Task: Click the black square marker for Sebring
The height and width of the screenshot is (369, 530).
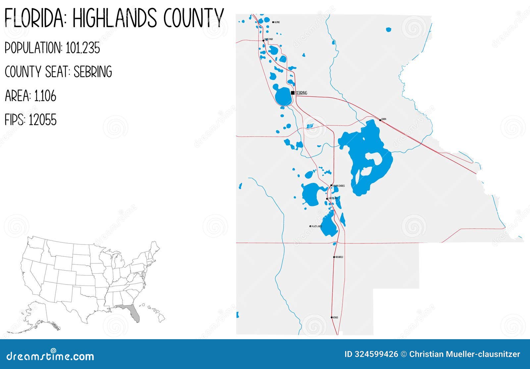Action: [x=292, y=93]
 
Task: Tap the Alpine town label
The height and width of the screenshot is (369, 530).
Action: [x=277, y=22]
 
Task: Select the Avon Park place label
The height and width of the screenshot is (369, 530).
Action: [x=269, y=39]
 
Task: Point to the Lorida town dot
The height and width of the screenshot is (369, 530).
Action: [x=380, y=120]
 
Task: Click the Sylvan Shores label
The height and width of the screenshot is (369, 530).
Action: [x=339, y=186]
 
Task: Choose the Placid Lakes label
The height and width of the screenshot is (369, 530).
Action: [x=317, y=227]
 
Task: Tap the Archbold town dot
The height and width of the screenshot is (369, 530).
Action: [x=334, y=257]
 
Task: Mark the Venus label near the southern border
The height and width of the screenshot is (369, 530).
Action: [x=336, y=317]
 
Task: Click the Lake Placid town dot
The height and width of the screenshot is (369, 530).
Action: [x=327, y=199]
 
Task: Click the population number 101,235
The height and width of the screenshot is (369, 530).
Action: [x=83, y=48]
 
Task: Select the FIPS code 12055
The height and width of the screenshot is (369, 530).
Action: [x=42, y=120]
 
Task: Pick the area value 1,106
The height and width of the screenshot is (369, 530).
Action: [x=45, y=96]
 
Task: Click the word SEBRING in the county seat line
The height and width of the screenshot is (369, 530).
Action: [x=93, y=72]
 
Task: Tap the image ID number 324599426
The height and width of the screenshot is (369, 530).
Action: [x=377, y=354]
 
